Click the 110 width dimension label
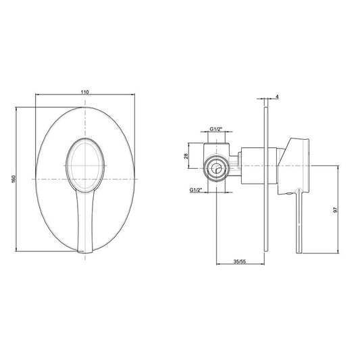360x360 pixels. [x=84, y=92]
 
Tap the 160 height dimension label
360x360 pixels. [x=14, y=179]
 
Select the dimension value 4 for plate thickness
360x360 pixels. [x=277, y=97]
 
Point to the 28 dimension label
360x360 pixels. [x=186, y=156]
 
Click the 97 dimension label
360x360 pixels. [x=336, y=209]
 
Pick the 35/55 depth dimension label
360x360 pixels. [x=240, y=261]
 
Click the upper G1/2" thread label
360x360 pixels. [x=215, y=129]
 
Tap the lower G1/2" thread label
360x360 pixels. [x=196, y=190]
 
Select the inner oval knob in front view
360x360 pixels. [x=85, y=165]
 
